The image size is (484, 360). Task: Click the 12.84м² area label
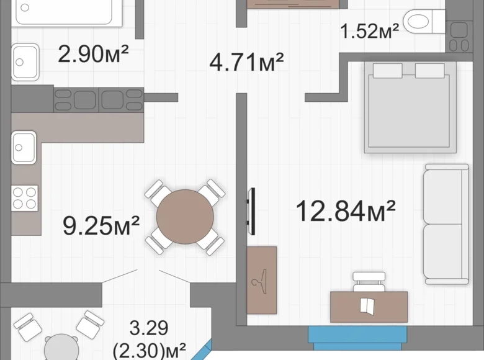tap(346, 211)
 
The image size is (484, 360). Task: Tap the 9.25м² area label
tap(101, 225)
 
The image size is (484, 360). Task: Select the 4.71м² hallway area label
tap(246, 62)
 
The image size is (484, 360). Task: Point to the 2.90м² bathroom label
tap(93, 54)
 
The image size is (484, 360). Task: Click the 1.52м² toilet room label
tap(369, 31)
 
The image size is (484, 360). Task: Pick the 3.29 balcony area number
tap(149, 328)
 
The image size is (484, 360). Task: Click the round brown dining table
tap(185, 217)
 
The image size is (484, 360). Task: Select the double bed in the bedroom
tap(410, 107)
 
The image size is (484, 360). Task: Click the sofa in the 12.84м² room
tap(446, 224)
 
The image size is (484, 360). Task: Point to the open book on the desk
tap(367, 305)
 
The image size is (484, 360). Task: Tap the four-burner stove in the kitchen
tap(25, 198)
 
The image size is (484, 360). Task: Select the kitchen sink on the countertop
tap(24, 147)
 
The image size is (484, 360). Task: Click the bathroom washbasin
tap(25, 61)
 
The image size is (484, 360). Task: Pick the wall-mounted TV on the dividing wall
tap(252, 212)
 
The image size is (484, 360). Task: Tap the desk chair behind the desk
tap(369, 282)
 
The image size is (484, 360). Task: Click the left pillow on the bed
tap(388, 71)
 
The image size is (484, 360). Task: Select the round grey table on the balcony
tap(61, 348)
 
